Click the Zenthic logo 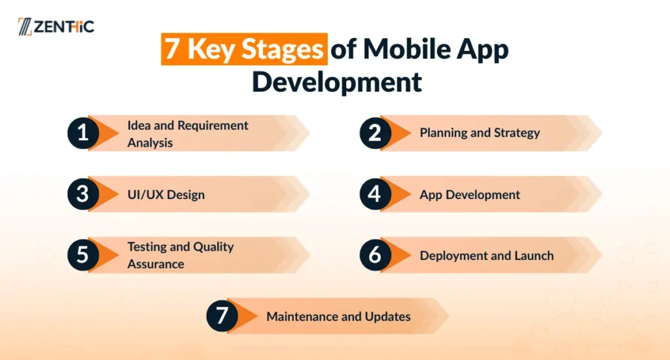(x=56, y=26)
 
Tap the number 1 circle (x=83, y=134)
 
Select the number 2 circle (x=375, y=134)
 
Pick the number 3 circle (x=83, y=194)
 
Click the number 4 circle (x=375, y=194)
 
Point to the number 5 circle (x=83, y=255)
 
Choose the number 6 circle (x=375, y=255)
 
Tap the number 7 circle (x=222, y=316)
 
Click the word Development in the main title (x=337, y=82)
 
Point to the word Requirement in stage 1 (x=213, y=126)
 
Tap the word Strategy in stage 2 (x=517, y=134)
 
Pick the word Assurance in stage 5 (x=156, y=264)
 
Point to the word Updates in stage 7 (x=387, y=317)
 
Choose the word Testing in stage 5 (x=147, y=247)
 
